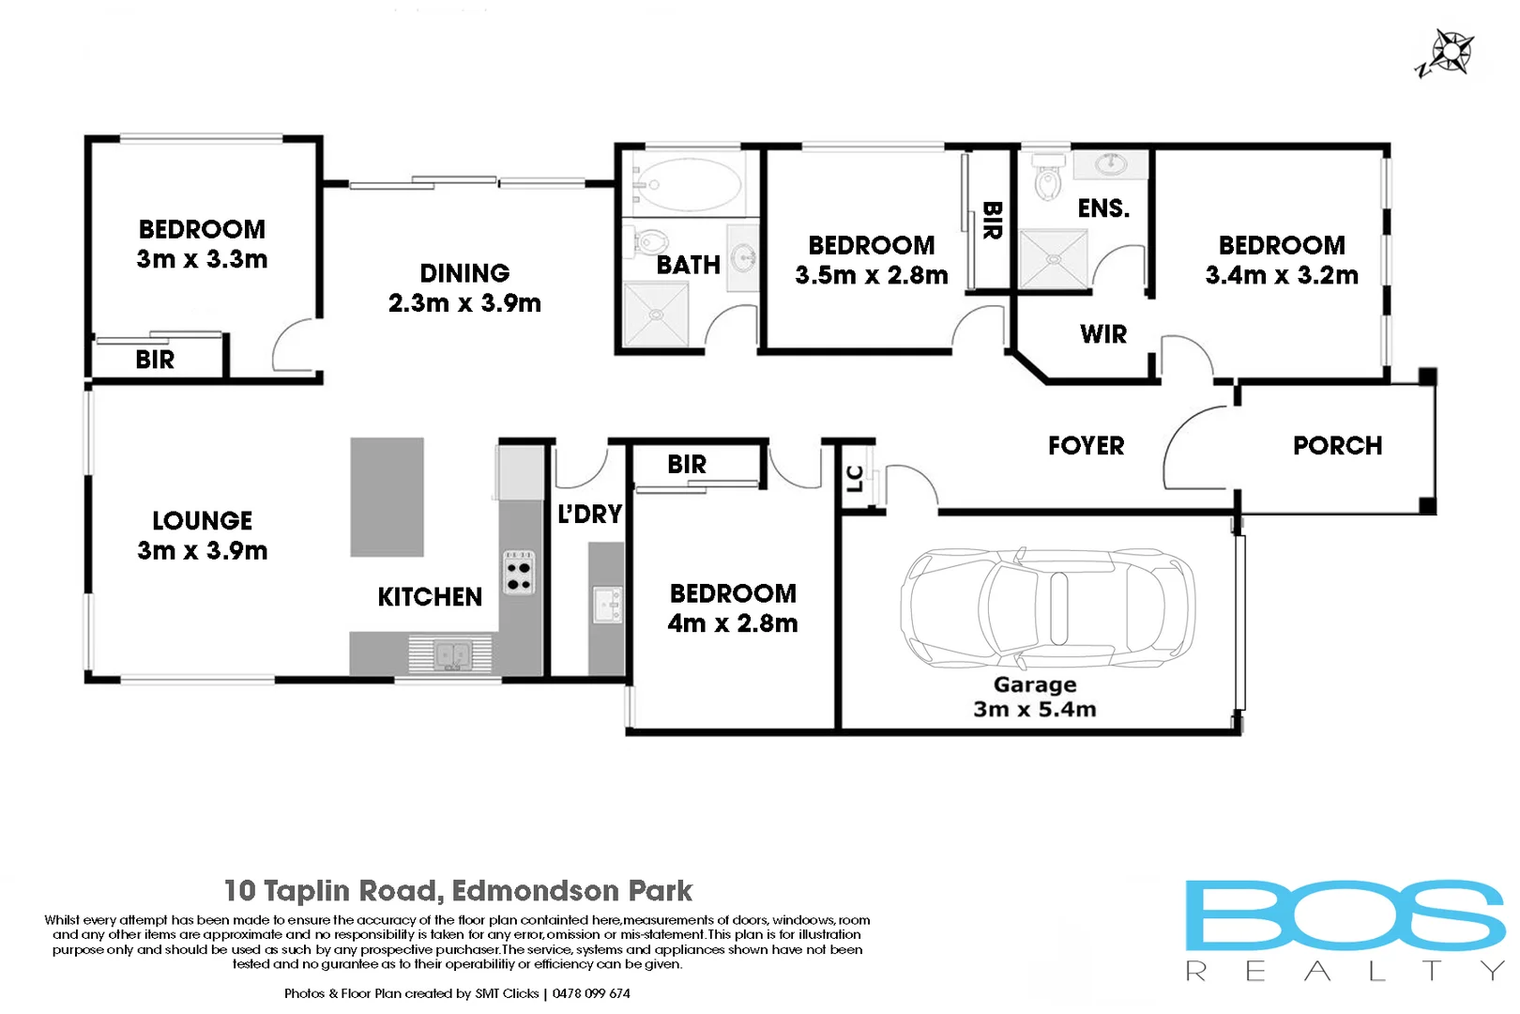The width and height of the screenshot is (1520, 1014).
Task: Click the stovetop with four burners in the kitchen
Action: (519, 572)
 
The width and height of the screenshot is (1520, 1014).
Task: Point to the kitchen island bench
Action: (387, 497)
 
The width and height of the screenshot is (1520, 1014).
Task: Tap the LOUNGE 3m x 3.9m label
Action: (203, 535)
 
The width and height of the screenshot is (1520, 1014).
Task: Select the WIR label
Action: (1102, 334)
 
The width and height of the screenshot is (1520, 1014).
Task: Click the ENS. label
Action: (1103, 208)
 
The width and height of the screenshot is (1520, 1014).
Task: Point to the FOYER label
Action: (1086, 446)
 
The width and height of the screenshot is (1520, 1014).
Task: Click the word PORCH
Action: (1337, 446)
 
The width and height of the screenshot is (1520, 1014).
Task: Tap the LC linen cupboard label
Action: (855, 479)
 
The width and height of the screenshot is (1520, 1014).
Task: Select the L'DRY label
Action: (589, 515)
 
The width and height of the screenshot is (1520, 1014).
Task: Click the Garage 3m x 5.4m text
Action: (1035, 697)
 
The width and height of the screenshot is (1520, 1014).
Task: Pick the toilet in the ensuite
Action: (1046, 177)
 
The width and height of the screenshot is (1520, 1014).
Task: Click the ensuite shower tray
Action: (1054, 259)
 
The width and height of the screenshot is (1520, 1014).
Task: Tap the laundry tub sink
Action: (607, 604)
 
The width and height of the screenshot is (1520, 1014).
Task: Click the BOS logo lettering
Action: (1344, 915)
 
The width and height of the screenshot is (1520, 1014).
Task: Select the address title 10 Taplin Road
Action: (458, 890)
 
